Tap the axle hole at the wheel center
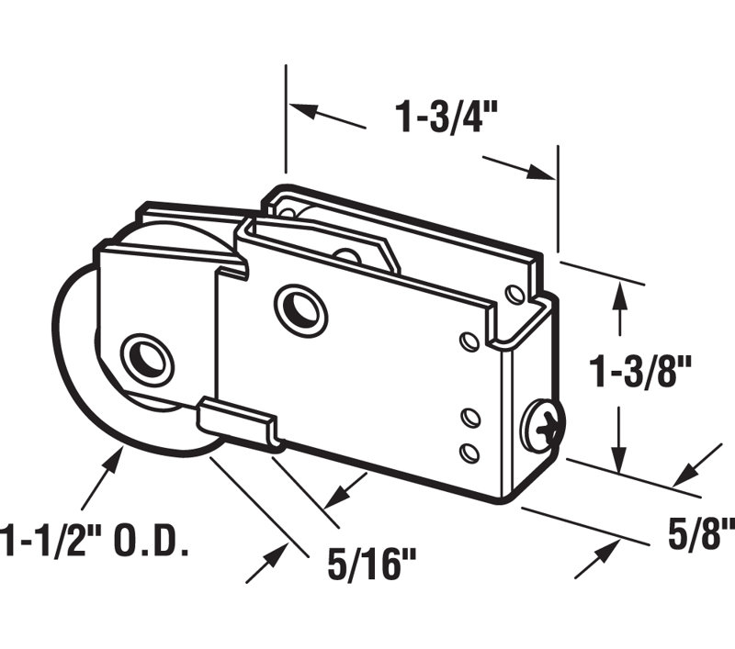click(x=146, y=356)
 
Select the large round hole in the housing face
click(x=299, y=305)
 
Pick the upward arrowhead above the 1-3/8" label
click(x=621, y=295)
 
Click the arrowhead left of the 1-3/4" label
click(x=303, y=111)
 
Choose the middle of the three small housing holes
click(x=469, y=419)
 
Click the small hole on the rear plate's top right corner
click(x=514, y=293)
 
